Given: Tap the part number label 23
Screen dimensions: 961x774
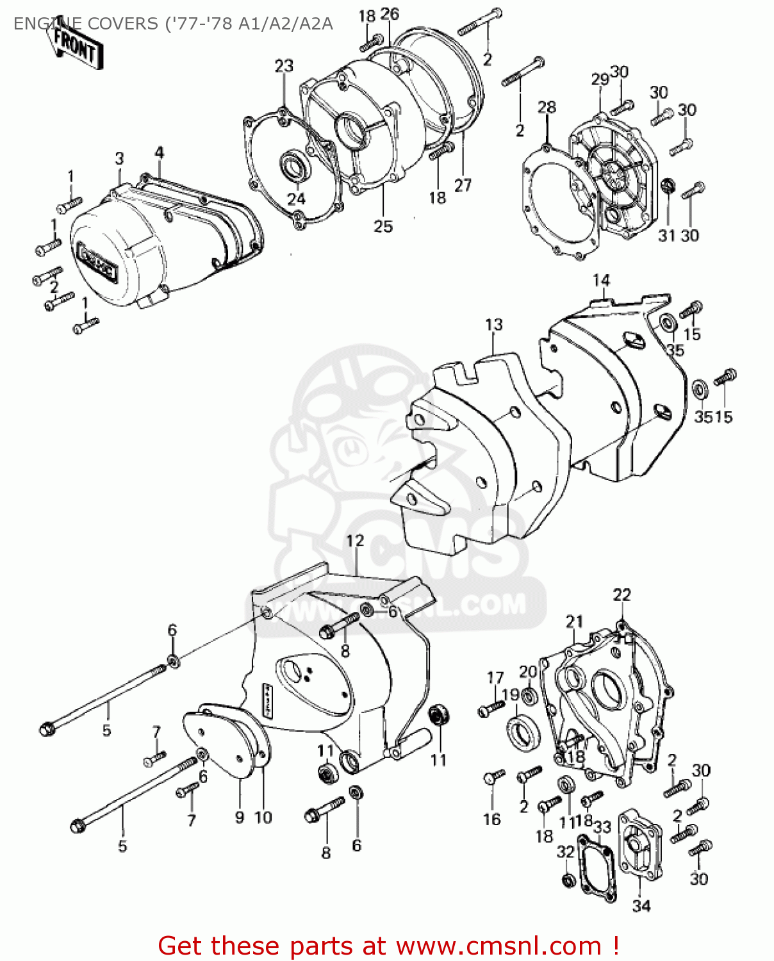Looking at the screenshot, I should pos(284,66).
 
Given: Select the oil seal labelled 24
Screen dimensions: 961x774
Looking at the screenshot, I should pos(295,166).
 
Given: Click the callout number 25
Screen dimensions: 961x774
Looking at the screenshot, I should pos(383,226).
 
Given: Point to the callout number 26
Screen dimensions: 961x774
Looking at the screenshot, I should pos(390,13).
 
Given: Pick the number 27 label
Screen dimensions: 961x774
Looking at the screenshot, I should pos(463,185).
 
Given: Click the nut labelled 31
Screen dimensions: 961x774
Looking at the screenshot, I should pos(668,186).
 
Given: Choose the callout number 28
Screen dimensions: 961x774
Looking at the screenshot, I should pos(547,107).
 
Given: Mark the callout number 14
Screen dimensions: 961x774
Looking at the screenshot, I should pos(601,280).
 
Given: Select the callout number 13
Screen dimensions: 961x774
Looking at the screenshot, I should pos(494,325).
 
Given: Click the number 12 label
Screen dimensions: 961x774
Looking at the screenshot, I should pos(354,541).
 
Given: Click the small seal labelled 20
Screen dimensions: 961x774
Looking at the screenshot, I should pos(529,696).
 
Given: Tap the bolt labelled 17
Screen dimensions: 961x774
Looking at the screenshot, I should pos(491,707).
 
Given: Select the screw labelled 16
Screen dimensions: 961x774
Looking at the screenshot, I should pos(493,778).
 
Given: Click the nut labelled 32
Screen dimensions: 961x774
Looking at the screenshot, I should pos(567,879).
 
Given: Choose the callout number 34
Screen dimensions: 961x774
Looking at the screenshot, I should pos(641,906).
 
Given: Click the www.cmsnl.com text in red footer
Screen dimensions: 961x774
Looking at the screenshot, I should pos(498,946).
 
